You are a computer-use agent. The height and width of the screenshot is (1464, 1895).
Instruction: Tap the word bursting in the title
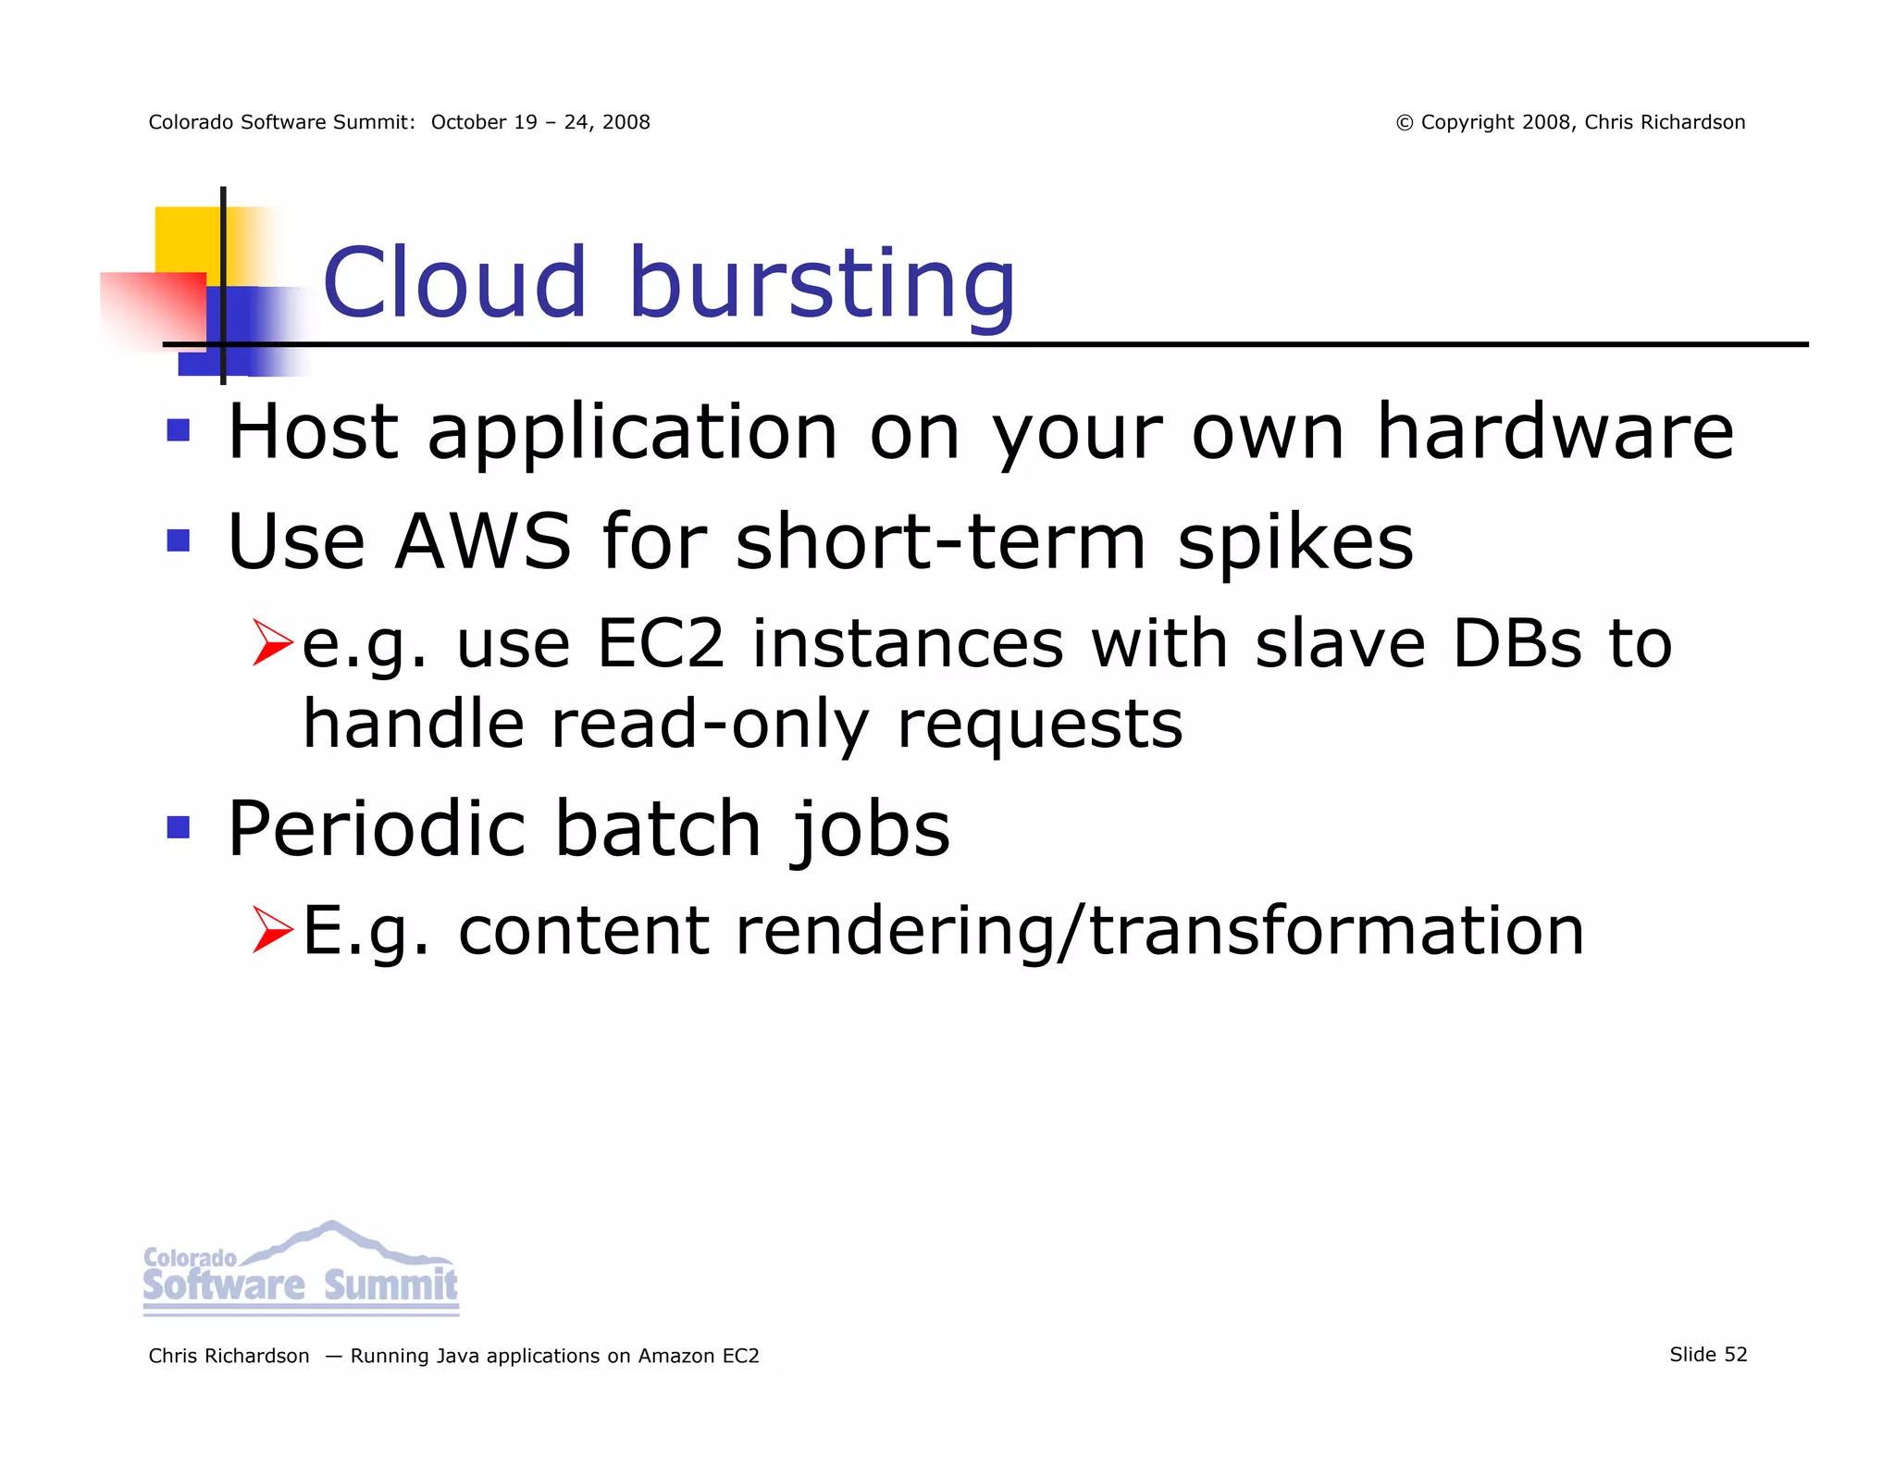coord(822,284)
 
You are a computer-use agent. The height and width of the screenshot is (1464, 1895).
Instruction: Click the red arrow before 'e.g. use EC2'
coord(272,643)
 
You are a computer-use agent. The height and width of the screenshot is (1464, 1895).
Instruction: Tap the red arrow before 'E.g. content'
coord(272,930)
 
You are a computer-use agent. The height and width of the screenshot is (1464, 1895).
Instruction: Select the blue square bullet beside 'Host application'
coord(179,430)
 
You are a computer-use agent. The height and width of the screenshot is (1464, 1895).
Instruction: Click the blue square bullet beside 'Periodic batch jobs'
coord(179,826)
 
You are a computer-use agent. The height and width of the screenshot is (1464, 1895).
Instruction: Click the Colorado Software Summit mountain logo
coord(301,1268)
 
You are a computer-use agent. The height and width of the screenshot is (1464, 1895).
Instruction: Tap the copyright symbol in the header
coord(1405,123)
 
